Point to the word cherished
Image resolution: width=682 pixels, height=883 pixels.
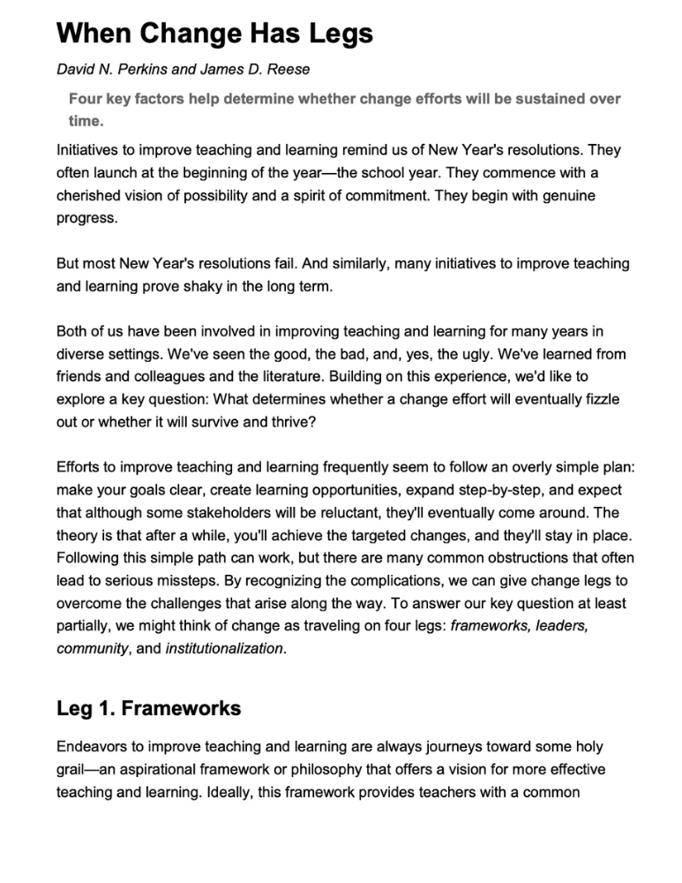[95, 194]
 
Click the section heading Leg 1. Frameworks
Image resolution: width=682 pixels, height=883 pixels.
[148, 708]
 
